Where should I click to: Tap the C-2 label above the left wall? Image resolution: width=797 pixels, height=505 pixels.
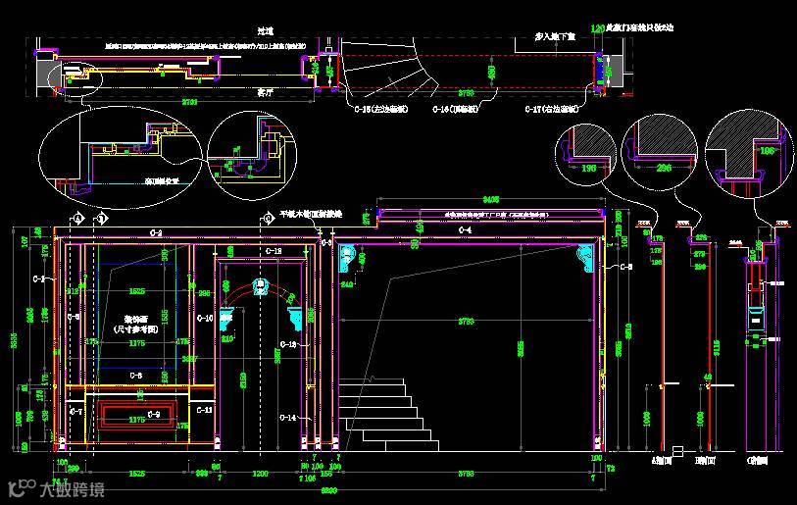click(x=156, y=231)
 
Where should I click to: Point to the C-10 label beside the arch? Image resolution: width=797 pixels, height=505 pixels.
click(x=204, y=318)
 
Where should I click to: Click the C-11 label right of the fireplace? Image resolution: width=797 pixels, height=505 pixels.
click(x=205, y=409)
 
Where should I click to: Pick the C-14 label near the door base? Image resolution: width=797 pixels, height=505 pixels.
click(x=287, y=418)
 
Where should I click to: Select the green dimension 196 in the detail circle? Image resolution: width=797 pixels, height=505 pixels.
click(x=588, y=168)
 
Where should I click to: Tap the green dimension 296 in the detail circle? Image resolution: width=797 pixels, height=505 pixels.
click(x=664, y=168)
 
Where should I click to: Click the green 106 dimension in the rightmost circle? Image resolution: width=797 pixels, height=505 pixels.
click(x=767, y=152)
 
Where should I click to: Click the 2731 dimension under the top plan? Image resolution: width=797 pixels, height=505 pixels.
click(x=190, y=102)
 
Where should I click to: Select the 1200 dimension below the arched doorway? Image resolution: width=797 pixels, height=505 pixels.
click(x=261, y=473)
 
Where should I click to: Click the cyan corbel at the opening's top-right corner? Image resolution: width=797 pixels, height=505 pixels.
click(x=585, y=258)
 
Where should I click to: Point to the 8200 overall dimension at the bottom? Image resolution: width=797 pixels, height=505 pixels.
click(x=328, y=489)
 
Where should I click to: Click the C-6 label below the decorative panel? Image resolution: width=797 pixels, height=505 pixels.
click(x=135, y=376)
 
